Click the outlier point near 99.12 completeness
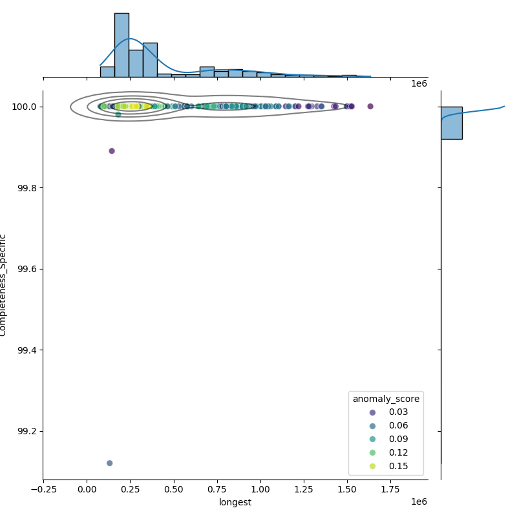coord(109,463)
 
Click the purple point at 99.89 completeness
coord(112,151)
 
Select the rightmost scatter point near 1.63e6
coord(370,106)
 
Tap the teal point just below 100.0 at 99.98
coord(118,114)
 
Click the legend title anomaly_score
coord(386,399)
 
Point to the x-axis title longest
coord(235,502)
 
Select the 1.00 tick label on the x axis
coord(260,490)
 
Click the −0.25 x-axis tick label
coord(42,490)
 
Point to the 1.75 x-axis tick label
coord(390,490)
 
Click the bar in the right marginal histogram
coord(452,123)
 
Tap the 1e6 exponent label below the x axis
coord(419,502)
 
